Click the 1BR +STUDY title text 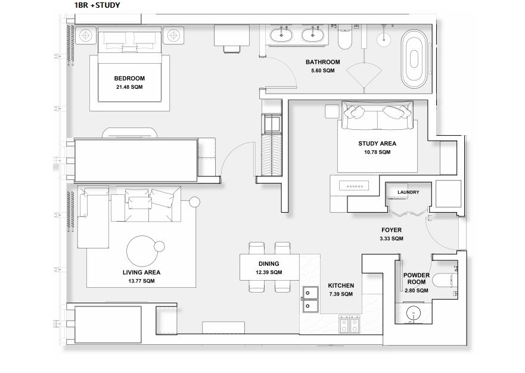click(x=97, y=5)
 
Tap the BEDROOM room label click(x=129, y=79)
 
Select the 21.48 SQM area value click(x=129, y=87)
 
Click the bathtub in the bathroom click(x=415, y=58)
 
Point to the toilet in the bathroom click(x=345, y=38)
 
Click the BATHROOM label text click(x=322, y=62)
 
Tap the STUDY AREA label click(x=377, y=144)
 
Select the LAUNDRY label click(x=408, y=192)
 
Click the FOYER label click(x=392, y=230)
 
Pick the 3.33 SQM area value click(x=392, y=238)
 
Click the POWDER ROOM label click(x=416, y=279)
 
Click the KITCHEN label click(x=341, y=286)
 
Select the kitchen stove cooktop click(x=349, y=325)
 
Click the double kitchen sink click(x=310, y=299)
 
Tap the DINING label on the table click(x=269, y=263)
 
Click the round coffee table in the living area click(x=142, y=250)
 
